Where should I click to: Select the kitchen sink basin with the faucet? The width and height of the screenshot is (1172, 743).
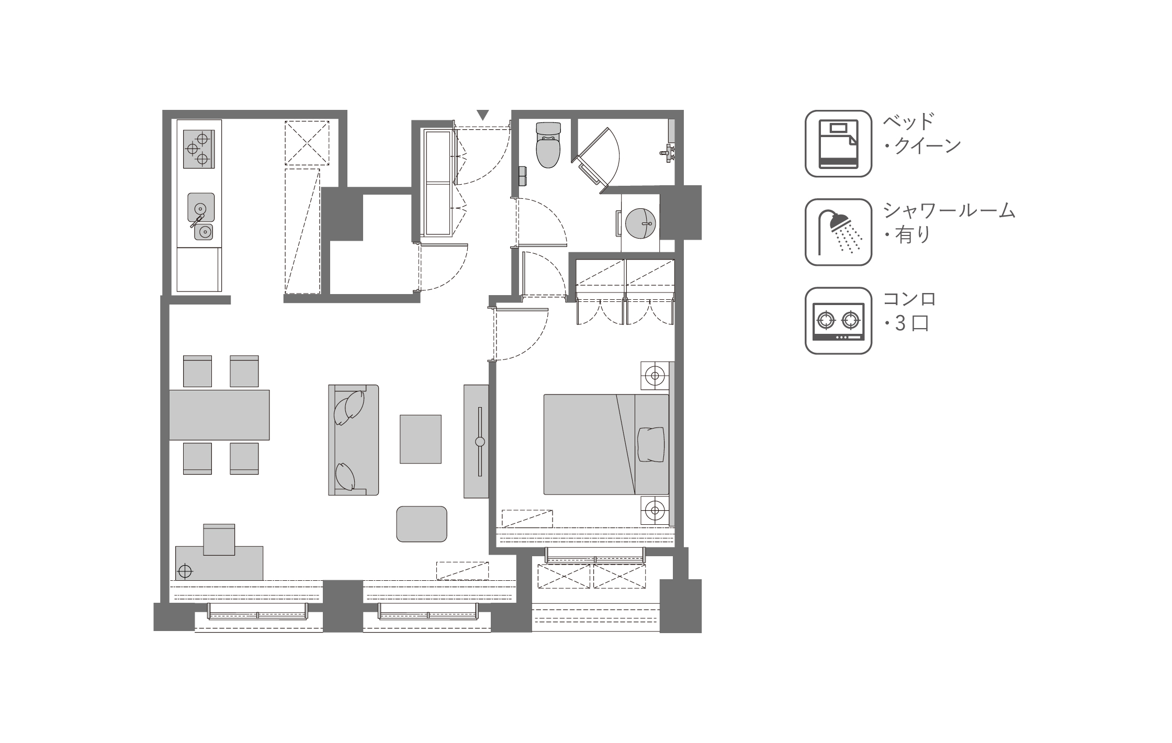tap(201, 207)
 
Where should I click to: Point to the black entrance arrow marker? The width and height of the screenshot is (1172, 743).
tap(483, 115)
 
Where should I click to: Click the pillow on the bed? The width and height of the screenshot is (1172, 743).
tap(651, 444)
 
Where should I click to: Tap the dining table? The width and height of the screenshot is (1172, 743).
tap(219, 414)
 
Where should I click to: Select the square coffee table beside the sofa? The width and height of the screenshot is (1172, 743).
tap(420, 439)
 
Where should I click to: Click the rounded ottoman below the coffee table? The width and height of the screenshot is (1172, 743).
tap(422, 524)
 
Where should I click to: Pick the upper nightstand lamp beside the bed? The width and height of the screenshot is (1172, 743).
tap(655, 375)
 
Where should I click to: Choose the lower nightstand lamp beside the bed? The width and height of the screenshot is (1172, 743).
tap(655, 509)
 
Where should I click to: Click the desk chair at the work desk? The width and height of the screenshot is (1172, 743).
tap(219, 539)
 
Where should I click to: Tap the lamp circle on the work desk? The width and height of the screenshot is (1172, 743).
tap(185, 570)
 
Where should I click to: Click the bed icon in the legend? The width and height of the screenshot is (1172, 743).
tap(838, 143)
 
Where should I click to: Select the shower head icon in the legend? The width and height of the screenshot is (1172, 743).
tap(838, 232)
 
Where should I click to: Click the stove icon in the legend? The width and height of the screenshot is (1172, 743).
tap(838, 321)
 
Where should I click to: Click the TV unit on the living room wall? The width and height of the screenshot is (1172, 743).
tap(476, 441)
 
